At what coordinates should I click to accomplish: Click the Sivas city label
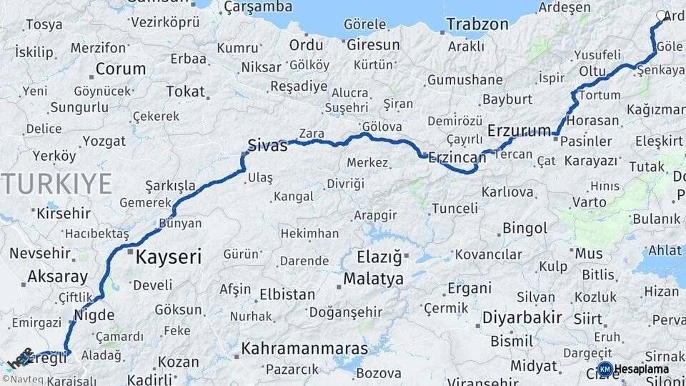click(x=267, y=146)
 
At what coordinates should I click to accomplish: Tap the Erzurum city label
click(x=519, y=131)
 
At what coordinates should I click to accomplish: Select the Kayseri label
click(x=169, y=257)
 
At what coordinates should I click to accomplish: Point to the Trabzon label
click(x=477, y=24)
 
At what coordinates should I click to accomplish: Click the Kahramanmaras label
click(x=304, y=350)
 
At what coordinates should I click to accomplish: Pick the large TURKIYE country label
click(x=56, y=184)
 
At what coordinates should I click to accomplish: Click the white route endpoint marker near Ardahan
click(x=661, y=16)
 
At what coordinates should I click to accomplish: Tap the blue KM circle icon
click(x=605, y=369)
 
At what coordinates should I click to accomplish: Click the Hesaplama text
click(x=642, y=369)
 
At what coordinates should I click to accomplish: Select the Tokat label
click(x=185, y=91)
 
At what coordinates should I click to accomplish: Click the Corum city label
click(x=120, y=70)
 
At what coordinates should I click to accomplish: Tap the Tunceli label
click(x=455, y=209)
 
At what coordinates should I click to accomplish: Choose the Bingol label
click(x=525, y=229)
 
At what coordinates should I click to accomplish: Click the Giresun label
click(x=373, y=44)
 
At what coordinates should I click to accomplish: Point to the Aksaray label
click(x=57, y=277)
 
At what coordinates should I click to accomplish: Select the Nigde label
click(x=94, y=315)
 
